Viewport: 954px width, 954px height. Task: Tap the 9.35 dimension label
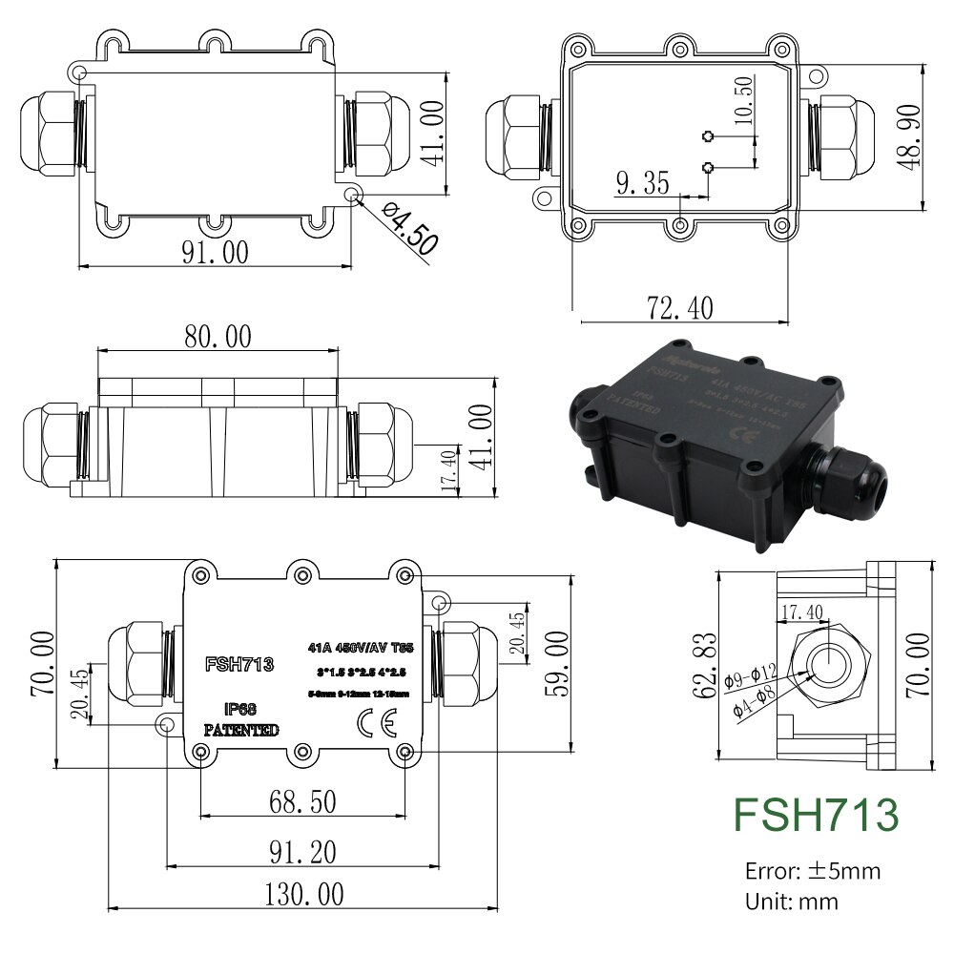(x=643, y=183)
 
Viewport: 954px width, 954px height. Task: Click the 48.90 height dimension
(x=908, y=135)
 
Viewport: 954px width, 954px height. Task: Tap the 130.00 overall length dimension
(x=303, y=894)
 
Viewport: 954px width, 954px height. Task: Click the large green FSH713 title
(x=816, y=815)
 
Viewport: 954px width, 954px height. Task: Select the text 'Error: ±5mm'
(x=813, y=870)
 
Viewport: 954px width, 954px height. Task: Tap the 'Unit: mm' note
(x=792, y=901)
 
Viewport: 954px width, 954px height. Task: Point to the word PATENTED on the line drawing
(x=241, y=730)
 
